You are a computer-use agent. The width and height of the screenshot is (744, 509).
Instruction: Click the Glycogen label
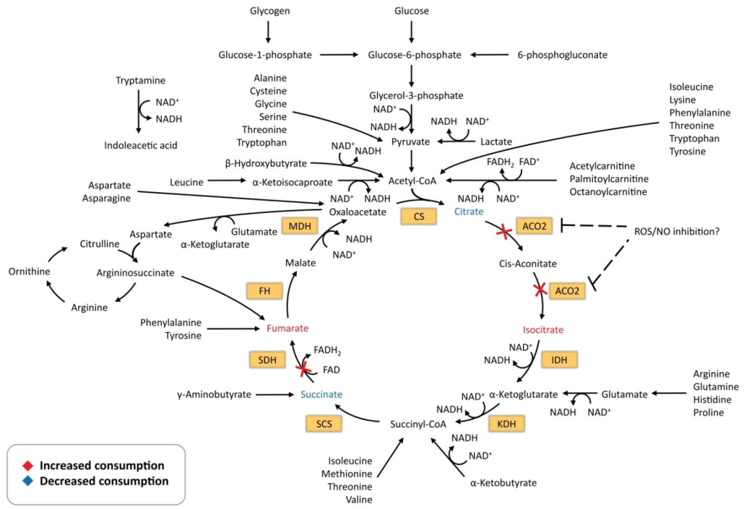tap(268, 11)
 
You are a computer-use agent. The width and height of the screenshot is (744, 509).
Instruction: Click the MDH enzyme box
tap(299, 228)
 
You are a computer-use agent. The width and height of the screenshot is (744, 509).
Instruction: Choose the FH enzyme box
tap(265, 291)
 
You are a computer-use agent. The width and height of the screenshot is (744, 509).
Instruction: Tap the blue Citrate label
tap(468, 212)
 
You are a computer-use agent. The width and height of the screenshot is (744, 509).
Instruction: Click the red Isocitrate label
tap(543, 330)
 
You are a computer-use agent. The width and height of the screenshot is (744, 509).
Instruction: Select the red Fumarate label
tap(287, 329)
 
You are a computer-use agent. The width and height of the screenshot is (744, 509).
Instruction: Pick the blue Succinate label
tap(321, 395)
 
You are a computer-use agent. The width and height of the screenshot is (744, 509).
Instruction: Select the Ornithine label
tap(28, 271)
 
